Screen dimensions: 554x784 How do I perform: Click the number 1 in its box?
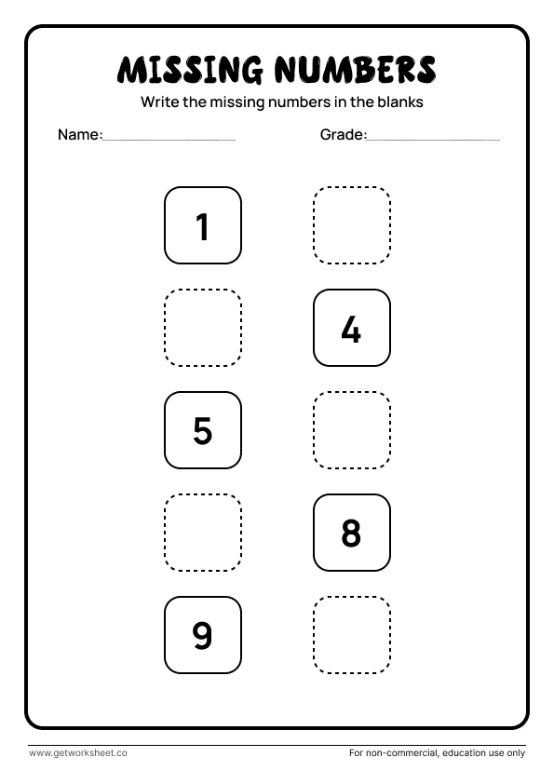(x=203, y=226)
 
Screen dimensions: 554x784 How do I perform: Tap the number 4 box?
(x=351, y=329)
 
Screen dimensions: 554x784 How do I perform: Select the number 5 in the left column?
(x=203, y=431)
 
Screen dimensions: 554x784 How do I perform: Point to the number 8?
(x=351, y=534)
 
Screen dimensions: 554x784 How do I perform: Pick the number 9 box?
(x=203, y=636)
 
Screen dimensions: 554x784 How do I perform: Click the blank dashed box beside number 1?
(x=351, y=226)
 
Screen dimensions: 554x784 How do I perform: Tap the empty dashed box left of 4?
(x=203, y=329)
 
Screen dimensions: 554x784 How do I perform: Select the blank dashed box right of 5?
(x=351, y=431)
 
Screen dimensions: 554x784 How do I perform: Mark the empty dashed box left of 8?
(x=203, y=534)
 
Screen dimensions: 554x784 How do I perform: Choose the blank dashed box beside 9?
(x=351, y=636)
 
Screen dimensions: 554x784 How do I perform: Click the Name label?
(x=79, y=135)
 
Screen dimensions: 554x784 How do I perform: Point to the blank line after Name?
(x=169, y=139)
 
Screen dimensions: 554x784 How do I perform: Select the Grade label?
(x=343, y=135)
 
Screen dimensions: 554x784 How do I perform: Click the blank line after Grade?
(x=434, y=139)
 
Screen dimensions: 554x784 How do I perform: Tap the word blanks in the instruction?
(x=401, y=102)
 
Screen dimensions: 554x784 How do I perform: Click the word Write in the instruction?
(x=159, y=102)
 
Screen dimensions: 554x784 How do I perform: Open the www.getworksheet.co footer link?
(x=78, y=752)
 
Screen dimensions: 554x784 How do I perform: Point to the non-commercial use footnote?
(x=437, y=752)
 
